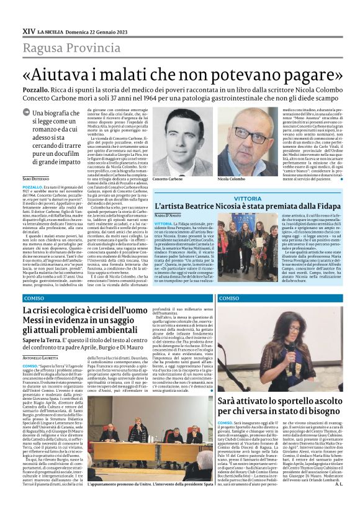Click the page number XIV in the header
(x=29, y=30)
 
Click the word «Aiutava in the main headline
(x=61, y=73)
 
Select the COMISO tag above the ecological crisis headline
(x=34, y=299)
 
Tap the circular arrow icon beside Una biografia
(x=27, y=114)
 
